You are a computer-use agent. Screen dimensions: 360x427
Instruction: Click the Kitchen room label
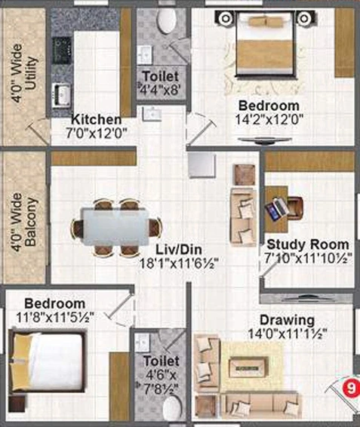point(96,119)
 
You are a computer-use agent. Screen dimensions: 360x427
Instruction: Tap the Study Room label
point(308,244)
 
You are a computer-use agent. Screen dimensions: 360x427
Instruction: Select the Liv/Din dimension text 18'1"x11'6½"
point(179,263)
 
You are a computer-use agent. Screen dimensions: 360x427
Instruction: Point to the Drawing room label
point(287,320)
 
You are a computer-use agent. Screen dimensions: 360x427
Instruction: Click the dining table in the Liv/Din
point(115,227)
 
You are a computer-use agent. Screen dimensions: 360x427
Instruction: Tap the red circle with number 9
point(351,387)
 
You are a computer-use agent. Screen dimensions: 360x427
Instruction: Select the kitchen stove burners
point(62,51)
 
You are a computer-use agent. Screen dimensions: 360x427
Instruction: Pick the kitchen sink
point(62,94)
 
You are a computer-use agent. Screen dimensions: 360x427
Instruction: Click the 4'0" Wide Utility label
point(24,73)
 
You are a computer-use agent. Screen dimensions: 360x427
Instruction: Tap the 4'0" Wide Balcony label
point(24,222)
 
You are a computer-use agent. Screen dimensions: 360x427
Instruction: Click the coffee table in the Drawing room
point(248,367)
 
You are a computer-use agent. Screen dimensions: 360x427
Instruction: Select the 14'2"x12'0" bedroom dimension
point(269,119)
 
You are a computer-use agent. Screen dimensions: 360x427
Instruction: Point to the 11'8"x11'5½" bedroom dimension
point(55,317)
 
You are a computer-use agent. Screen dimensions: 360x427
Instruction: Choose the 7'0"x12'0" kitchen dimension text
point(97,134)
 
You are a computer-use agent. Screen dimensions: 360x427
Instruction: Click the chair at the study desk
point(295,208)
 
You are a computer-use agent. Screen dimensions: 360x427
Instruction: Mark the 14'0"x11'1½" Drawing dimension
point(288,333)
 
